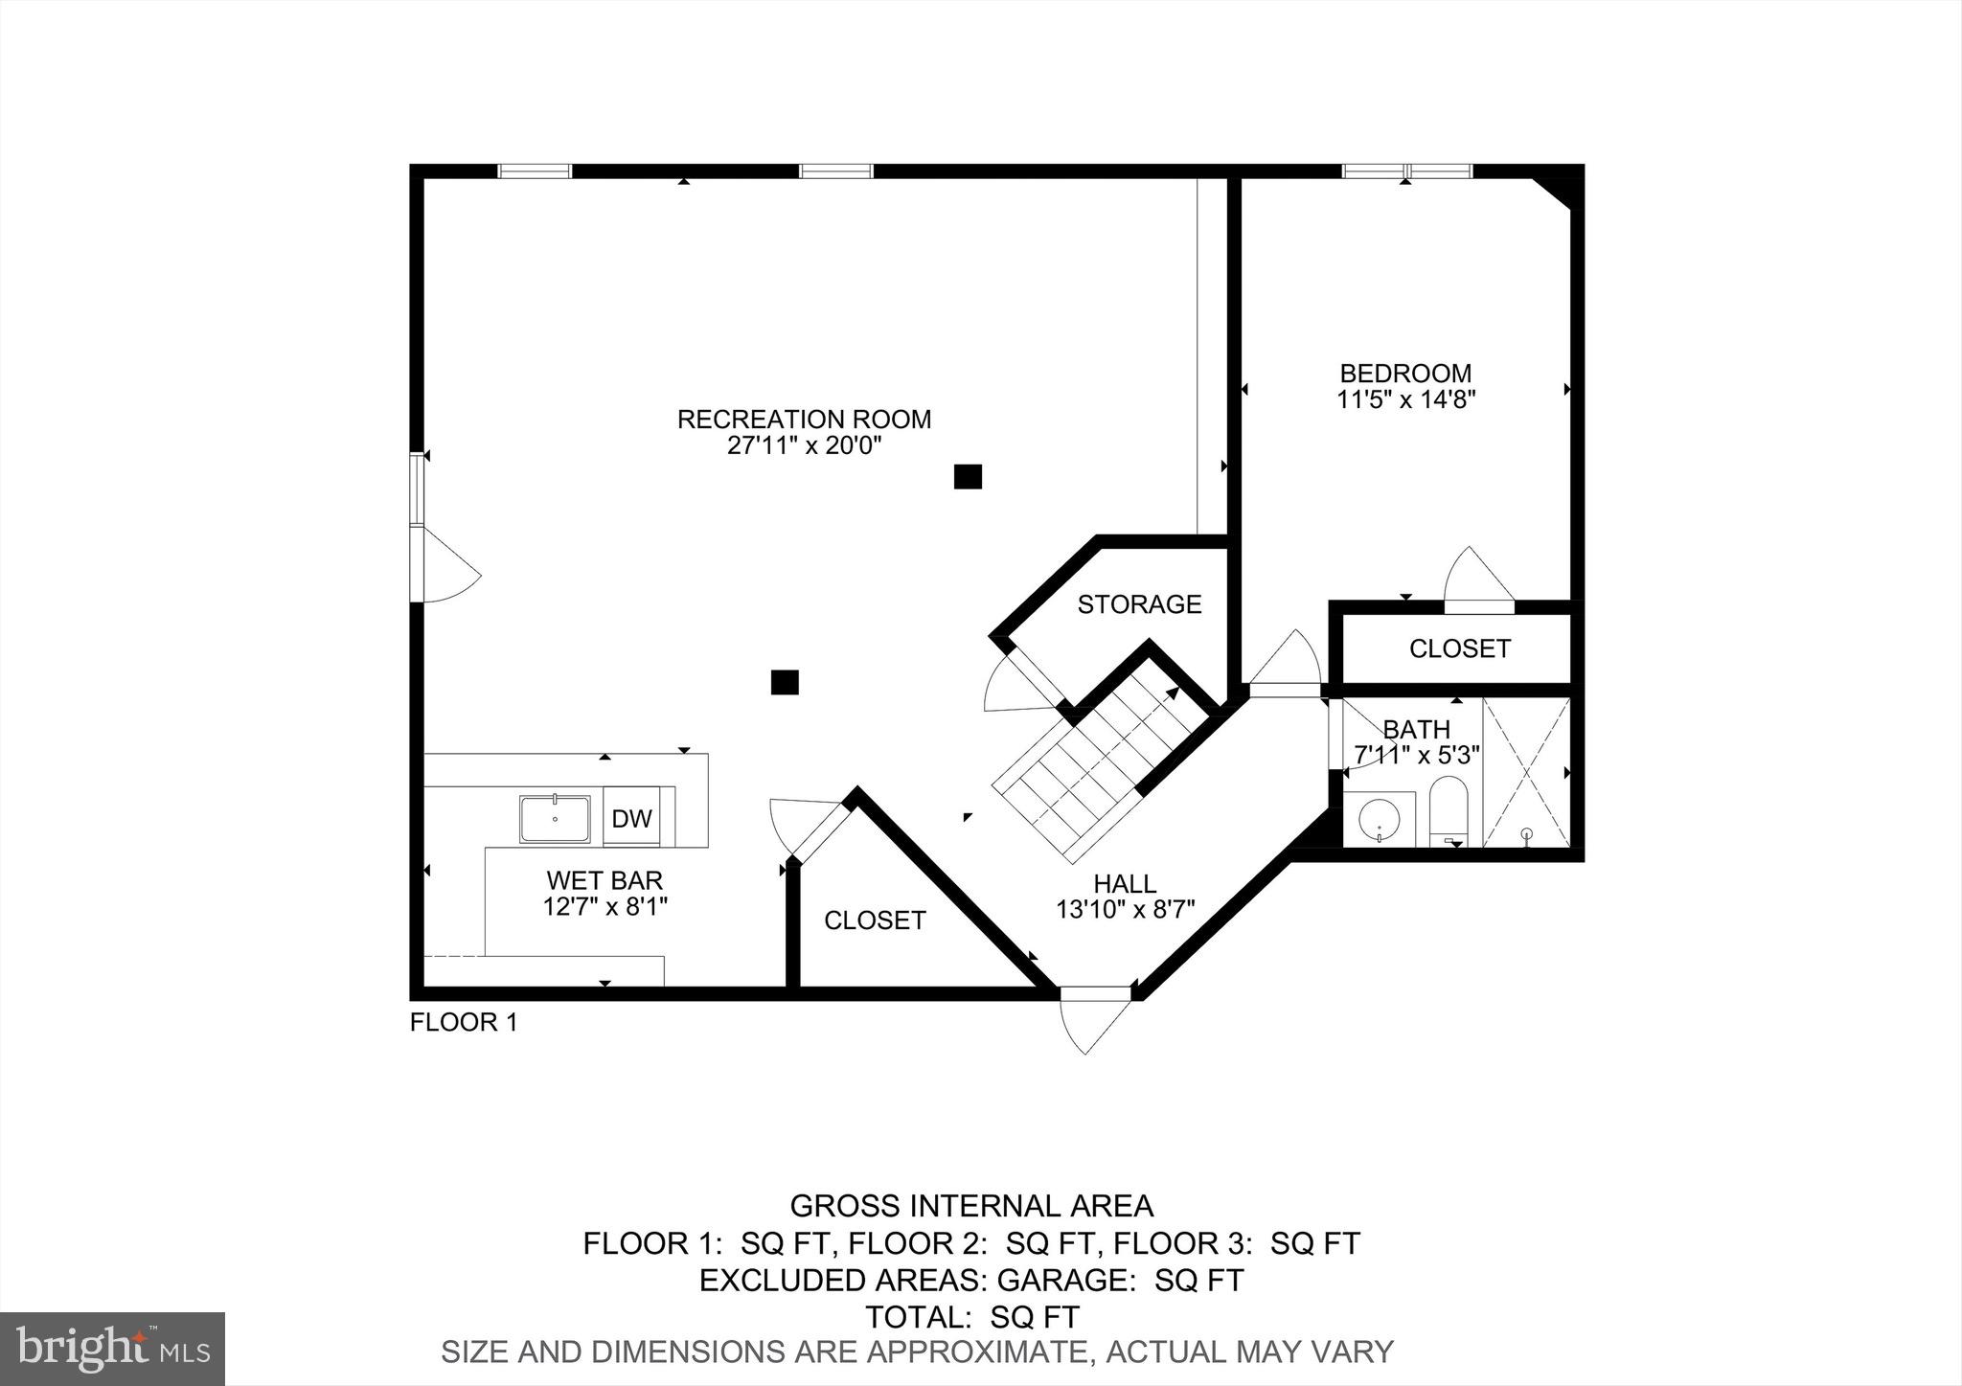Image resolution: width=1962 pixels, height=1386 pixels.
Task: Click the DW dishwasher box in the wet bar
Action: pos(631,819)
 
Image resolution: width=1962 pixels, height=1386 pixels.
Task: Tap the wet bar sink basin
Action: pos(555,819)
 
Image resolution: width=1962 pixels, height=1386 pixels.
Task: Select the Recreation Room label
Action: pos(804,420)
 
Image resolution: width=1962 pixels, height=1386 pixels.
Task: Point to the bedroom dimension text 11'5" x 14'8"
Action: pos(1405,399)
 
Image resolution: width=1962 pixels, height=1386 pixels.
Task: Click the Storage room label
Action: pos(1139,604)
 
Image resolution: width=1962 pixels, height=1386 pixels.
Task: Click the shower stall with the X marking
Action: pos(1526,772)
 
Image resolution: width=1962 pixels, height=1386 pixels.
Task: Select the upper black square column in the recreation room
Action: pos(968,476)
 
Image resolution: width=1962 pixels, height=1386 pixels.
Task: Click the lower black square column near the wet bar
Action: pos(785,682)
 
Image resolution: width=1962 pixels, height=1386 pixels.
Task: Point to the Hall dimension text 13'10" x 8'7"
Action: pos(1126,909)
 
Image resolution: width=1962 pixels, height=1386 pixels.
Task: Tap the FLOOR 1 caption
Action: pos(464,1023)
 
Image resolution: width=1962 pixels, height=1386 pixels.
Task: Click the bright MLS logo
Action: pos(112,1349)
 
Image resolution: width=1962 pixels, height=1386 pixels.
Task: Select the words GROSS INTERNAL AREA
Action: pos(971,1205)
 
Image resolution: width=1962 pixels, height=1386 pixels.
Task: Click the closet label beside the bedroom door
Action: pos(1459,648)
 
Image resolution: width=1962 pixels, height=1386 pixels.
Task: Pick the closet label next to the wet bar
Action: pos(875,920)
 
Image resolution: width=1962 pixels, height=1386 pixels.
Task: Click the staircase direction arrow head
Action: pos(1172,693)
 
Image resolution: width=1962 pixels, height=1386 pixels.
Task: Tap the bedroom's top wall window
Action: pos(1406,171)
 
